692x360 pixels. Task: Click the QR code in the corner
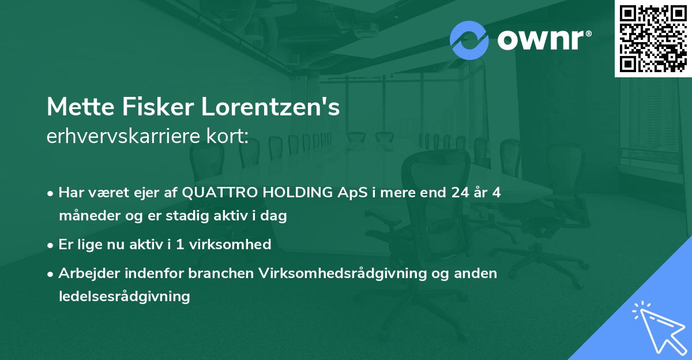[653, 39]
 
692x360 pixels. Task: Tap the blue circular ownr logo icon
[469, 40]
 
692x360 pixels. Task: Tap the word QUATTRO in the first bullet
[217, 193]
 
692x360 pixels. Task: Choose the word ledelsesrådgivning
[124, 297]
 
